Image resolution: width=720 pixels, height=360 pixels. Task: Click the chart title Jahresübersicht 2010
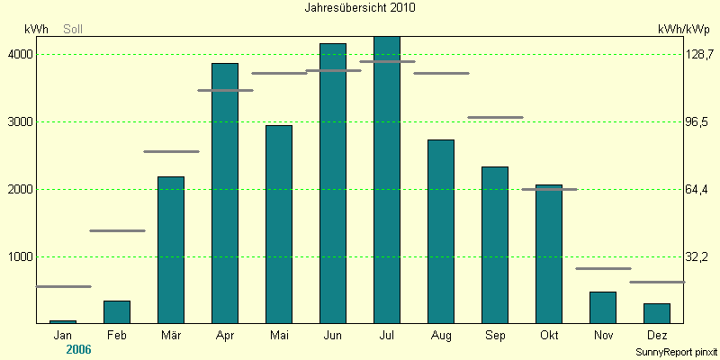(x=360, y=7)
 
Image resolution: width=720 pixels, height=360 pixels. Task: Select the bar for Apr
(x=225, y=193)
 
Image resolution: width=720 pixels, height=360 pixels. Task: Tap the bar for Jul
(x=387, y=180)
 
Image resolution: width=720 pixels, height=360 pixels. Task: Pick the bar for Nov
(x=603, y=308)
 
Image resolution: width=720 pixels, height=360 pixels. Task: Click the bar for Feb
(x=117, y=312)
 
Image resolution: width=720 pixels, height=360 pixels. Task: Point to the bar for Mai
(x=279, y=225)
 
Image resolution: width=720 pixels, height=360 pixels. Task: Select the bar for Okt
(x=549, y=255)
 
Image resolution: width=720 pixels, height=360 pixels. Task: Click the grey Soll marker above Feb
(x=117, y=230)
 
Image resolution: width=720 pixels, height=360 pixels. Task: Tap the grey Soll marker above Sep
(x=495, y=117)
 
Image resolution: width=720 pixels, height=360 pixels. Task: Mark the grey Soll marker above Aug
(x=441, y=73)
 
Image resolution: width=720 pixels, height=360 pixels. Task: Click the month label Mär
(x=171, y=336)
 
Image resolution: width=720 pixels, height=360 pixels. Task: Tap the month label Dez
(x=657, y=336)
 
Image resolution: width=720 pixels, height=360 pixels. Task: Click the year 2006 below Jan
(x=78, y=349)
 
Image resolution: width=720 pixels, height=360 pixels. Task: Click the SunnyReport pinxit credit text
(x=676, y=352)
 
